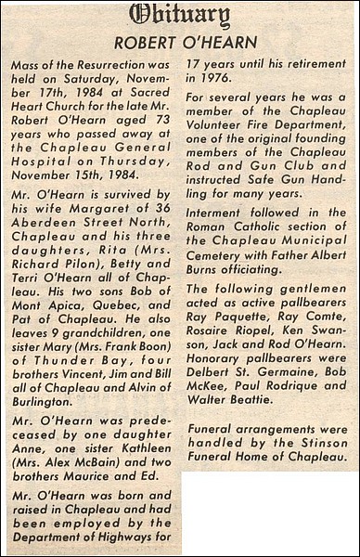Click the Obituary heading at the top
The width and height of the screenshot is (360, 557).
[x=180, y=16]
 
